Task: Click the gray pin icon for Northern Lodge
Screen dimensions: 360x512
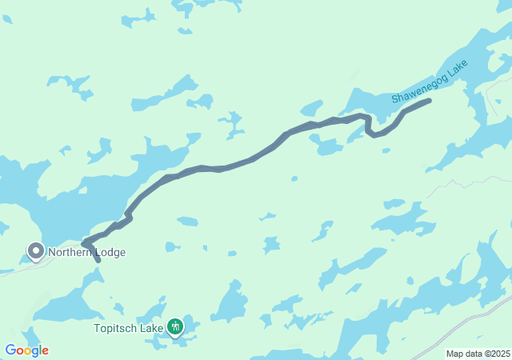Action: (x=35, y=251)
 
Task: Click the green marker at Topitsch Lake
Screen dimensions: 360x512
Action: (x=174, y=326)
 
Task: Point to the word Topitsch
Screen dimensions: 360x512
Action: (x=117, y=328)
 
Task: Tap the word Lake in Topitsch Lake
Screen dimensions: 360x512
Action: (x=151, y=328)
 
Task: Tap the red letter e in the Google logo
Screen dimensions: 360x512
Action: (x=45, y=351)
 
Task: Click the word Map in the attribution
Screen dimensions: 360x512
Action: (x=454, y=354)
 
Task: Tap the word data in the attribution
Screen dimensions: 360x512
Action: (x=473, y=354)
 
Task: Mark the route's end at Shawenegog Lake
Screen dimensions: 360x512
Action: (x=430, y=101)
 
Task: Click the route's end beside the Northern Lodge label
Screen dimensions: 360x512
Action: (x=98, y=260)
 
